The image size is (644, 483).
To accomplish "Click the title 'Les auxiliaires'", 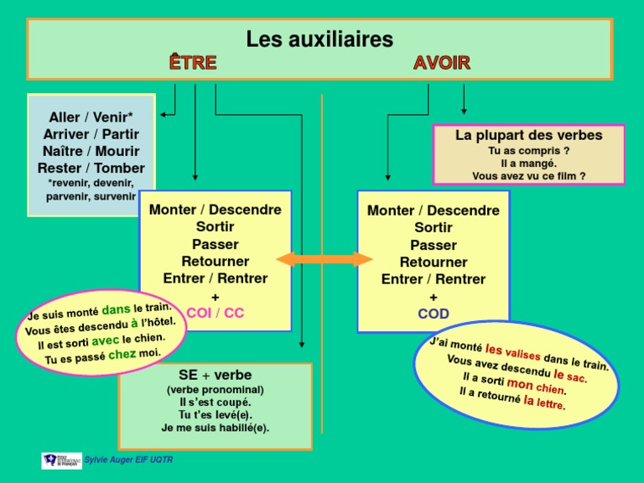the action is [319, 39].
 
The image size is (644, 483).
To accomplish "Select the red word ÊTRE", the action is [193, 63].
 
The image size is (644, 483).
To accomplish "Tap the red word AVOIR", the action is [442, 63].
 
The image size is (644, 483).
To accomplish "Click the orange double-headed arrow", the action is [325, 259].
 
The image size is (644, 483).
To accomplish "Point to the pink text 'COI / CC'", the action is [216, 313].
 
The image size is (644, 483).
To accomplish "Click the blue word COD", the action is [434, 314].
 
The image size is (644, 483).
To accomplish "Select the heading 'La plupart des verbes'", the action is [529, 135].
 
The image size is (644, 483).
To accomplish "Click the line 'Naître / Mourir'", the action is [91, 151].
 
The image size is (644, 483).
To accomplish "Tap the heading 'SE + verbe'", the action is [216, 375].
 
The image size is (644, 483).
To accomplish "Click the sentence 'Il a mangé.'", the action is [529, 164].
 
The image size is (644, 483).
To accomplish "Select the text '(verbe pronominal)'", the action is [216, 390].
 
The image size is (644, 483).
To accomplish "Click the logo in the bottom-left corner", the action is [62, 460].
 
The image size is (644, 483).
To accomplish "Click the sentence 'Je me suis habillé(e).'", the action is [216, 428].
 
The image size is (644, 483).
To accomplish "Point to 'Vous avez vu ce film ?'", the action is [529, 176].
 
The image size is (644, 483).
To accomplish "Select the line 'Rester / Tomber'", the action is [91, 168].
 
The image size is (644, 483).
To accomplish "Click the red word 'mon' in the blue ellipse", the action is [520, 383].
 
